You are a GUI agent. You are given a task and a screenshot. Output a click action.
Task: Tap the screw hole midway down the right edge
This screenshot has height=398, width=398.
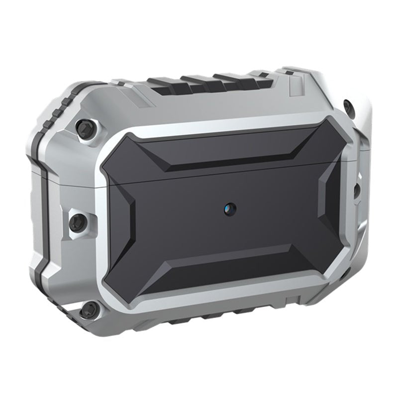click(357, 190)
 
